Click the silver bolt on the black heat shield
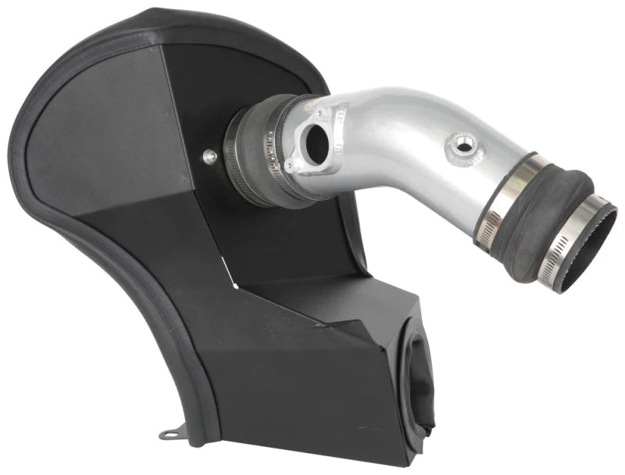209,157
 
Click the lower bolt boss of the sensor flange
291,166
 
